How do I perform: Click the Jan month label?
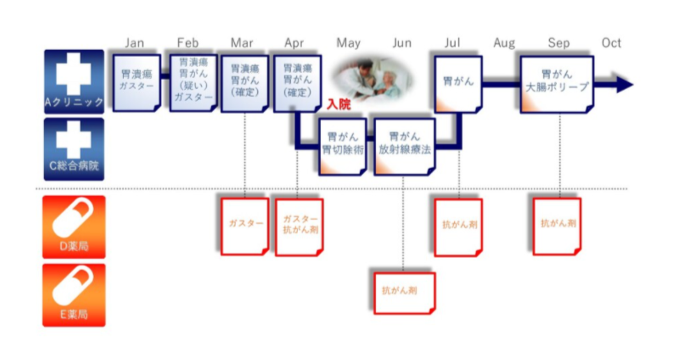click(134, 43)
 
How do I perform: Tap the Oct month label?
click(611, 43)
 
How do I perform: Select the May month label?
click(348, 43)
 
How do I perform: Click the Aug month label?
click(504, 43)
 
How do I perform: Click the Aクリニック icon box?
click(74, 82)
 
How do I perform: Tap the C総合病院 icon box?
click(74, 149)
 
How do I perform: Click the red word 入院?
click(338, 104)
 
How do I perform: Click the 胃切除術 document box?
click(343, 146)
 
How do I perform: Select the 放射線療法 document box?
click(405, 146)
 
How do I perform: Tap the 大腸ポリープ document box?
click(556, 84)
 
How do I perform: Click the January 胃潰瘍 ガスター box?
click(136, 83)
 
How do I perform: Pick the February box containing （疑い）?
click(193, 83)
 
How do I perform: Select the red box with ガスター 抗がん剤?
click(299, 227)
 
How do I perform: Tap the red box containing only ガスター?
click(245, 226)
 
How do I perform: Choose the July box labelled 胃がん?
click(458, 83)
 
